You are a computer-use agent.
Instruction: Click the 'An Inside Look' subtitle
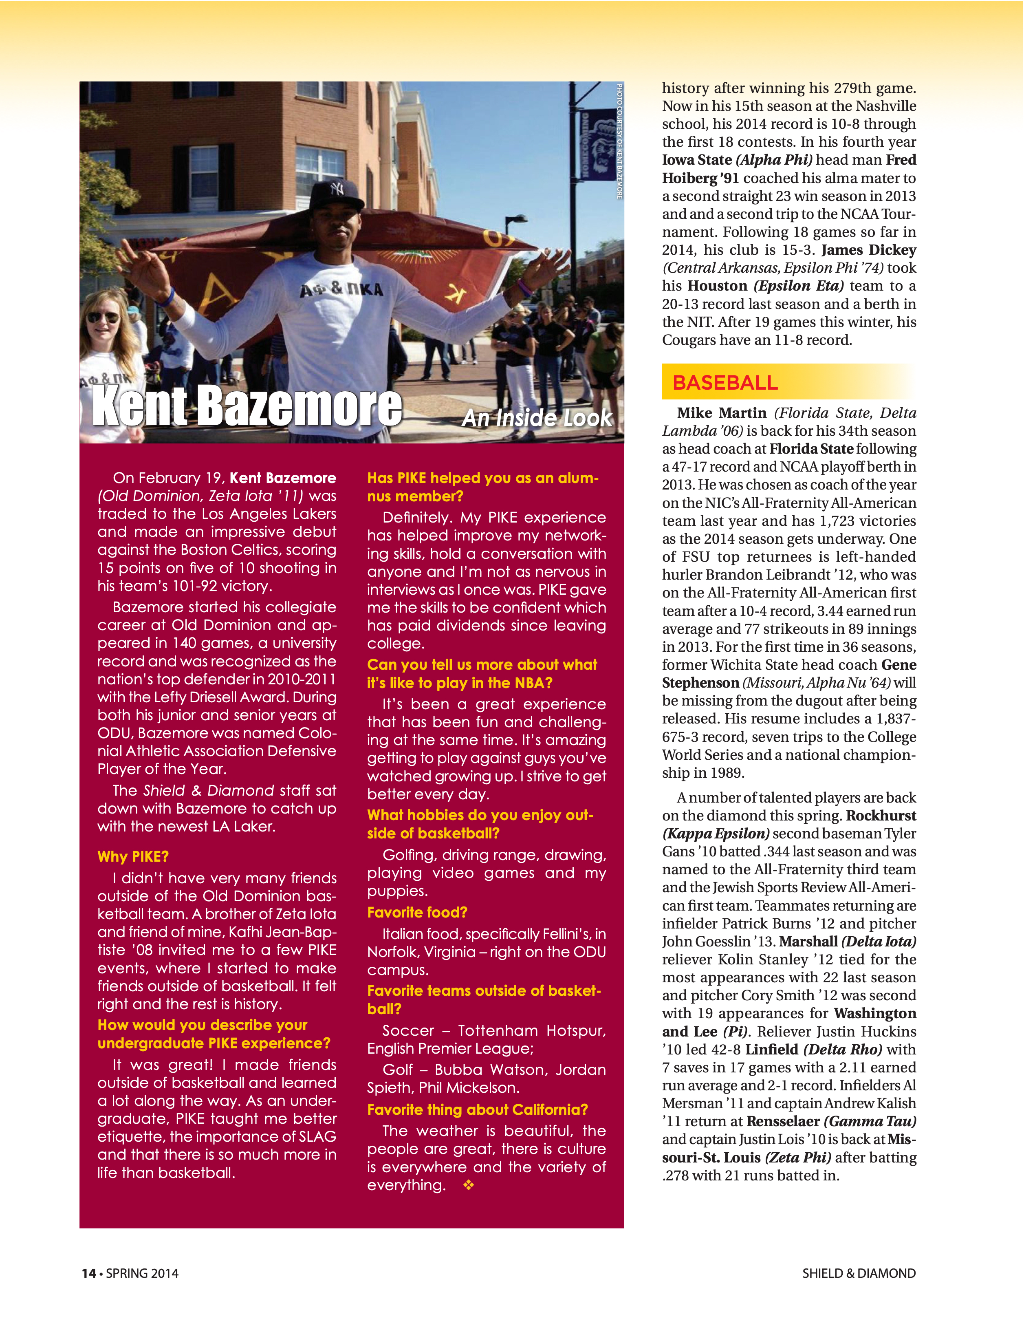(537, 418)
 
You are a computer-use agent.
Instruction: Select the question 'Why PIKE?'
(133, 856)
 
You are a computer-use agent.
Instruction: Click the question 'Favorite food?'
(417, 912)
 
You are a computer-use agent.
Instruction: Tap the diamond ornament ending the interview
(468, 1184)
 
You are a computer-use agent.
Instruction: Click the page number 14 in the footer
(89, 1273)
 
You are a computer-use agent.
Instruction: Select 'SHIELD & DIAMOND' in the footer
(859, 1273)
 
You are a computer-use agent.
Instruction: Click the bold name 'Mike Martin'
(721, 413)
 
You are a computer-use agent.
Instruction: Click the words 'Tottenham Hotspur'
(531, 1030)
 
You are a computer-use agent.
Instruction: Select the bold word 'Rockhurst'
(881, 816)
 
